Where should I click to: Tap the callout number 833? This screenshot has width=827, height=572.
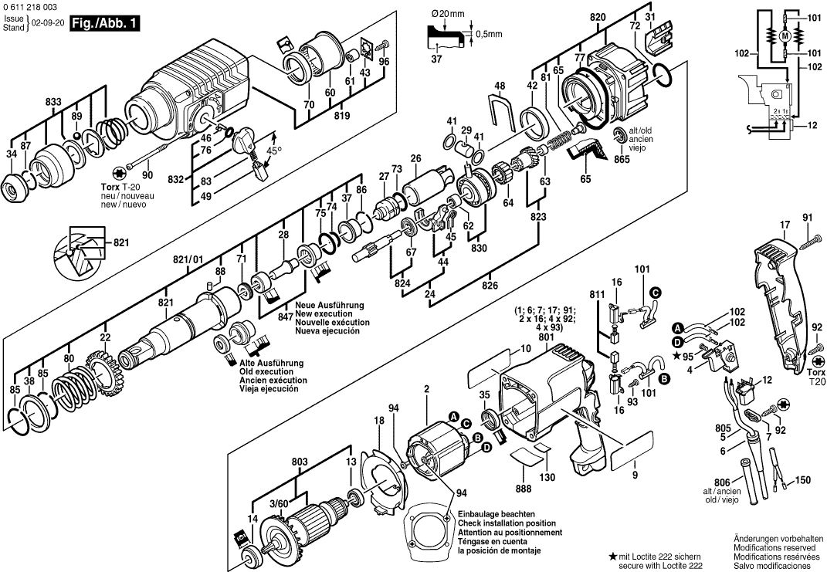[53, 101]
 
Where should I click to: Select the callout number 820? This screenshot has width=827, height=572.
[619, 16]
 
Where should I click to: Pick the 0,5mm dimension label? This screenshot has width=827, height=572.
[489, 34]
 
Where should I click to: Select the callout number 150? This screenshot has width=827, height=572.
[803, 481]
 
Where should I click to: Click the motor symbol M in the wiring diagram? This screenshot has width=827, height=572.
[785, 36]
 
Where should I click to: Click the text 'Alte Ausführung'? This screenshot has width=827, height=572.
[271, 363]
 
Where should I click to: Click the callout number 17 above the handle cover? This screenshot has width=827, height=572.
[785, 225]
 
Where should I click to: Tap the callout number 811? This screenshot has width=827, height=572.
[596, 295]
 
